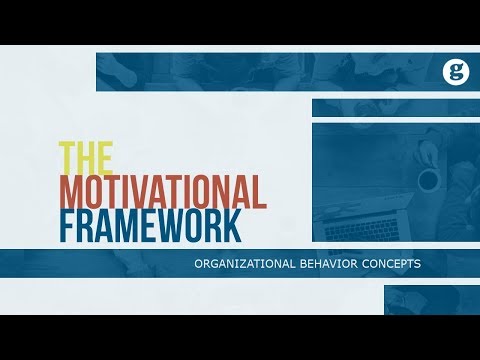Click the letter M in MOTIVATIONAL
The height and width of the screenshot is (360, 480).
click(x=72, y=190)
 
